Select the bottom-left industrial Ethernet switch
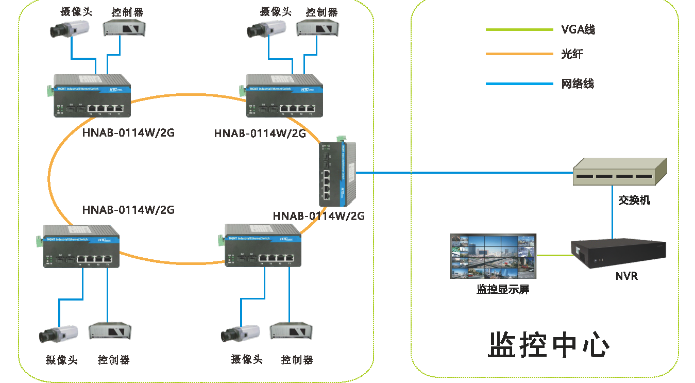(x=81, y=246)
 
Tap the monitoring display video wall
(x=493, y=256)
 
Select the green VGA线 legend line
(x=519, y=30)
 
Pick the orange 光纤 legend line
(x=519, y=54)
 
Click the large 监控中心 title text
(x=549, y=345)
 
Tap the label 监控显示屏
(x=503, y=289)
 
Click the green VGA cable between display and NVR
(x=554, y=255)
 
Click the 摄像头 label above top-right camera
(x=276, y=11)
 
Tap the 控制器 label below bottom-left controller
(x=113, y=360)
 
